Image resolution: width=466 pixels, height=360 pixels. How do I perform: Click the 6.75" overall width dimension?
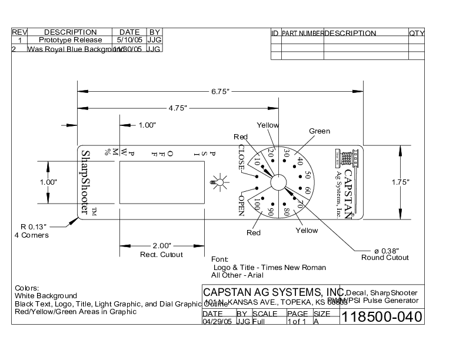220,91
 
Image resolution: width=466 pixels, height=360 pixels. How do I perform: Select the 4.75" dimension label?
177,108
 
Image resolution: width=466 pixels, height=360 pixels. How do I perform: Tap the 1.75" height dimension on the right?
400,182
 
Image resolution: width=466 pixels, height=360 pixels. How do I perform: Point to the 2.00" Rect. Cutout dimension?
161,246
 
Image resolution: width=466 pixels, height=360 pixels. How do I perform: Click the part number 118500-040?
382,317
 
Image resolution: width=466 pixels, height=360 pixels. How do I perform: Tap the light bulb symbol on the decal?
218,182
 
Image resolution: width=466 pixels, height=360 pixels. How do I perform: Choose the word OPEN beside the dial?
241,205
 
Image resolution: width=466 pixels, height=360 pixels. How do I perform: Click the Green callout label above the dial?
319,131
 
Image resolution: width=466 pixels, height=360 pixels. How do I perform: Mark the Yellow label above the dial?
268,125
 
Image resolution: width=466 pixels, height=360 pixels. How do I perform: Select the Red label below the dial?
253,233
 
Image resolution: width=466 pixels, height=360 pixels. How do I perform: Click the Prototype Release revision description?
70,41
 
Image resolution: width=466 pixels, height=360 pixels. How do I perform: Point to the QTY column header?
416,34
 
